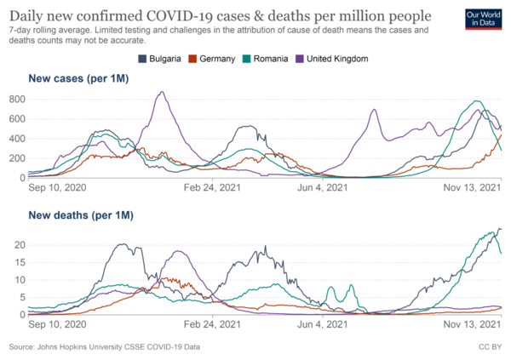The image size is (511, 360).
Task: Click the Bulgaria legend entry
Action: pyautogui.click(x=161, y=58)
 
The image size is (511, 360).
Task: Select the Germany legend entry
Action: pyautogui.click(x=218, y=58)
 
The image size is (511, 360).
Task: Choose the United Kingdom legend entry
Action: pyautogui.click(x=333, y=58)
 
